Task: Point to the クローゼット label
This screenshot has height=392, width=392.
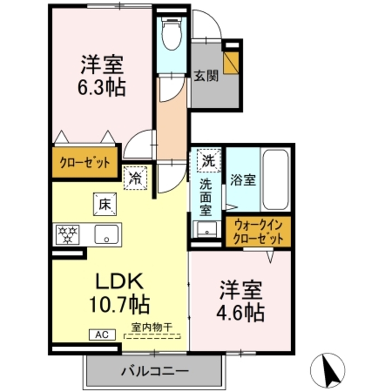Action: (x=86, y=163)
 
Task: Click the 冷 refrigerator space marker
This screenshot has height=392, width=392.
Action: (x=136, y=178)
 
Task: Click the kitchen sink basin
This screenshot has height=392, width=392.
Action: (x=105, y=234)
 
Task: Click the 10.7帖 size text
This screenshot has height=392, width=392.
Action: (x=119, y=305)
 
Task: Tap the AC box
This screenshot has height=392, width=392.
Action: (x=102, y=335)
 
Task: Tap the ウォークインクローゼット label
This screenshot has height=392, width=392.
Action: (x=259, y=231)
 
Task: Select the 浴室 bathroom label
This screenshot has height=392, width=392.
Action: (x=242, y=180)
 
